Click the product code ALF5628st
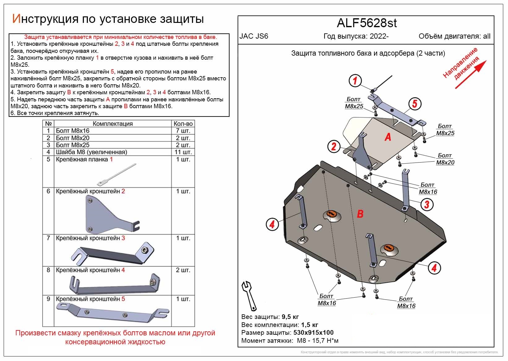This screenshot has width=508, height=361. (367, 23)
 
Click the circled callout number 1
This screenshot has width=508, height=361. (355, 81)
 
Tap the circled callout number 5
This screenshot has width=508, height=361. (415, 104)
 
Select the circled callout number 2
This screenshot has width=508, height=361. (334, 146)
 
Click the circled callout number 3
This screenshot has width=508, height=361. (427, 204)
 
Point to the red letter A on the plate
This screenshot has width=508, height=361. (388, 137)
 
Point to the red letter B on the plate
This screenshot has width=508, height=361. (360, 214)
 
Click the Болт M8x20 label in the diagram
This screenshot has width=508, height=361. (445, 159)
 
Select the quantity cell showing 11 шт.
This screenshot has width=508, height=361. (183, 152)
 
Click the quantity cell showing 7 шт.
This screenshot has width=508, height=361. (183, 131)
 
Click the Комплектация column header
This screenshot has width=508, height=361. (113, 124)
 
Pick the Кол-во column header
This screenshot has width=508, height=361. (183, 124)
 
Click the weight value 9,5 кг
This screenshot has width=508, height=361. (290, 317)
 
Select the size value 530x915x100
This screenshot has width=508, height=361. (313, 333)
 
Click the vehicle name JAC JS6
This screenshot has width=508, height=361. (254, 36)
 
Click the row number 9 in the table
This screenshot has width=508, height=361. (48, 299)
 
